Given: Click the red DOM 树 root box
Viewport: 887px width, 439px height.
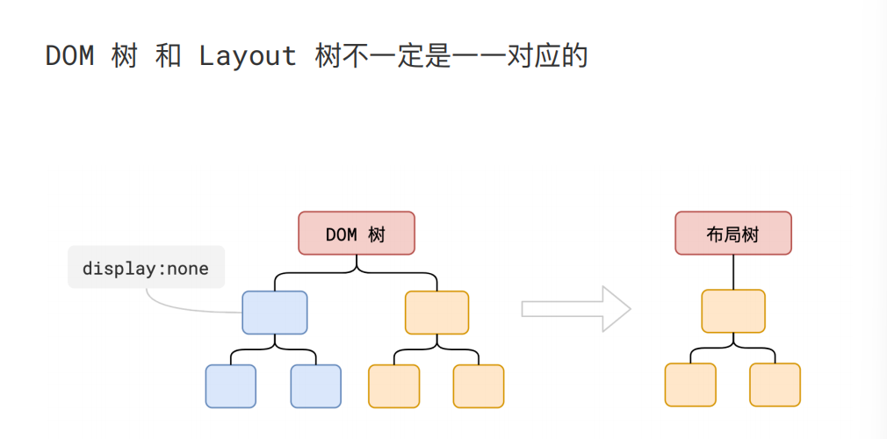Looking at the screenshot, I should pyautogui.click(x=356, y=234).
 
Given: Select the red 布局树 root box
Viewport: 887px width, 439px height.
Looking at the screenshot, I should pyautogui.click(x=733, y=234).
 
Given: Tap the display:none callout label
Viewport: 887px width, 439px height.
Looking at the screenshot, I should pyautogui.click(x=146, y=268).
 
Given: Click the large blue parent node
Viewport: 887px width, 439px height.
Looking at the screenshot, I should pyautogui.click(x=275, y=313).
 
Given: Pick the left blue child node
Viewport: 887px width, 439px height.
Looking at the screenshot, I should pyautogui.click(x=231, y=386).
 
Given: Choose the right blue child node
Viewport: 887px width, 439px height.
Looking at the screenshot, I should pyautogui.click(x=315, y=386).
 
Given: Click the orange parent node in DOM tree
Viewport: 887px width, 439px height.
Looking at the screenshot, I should pyautogui.click(x=436, y=313).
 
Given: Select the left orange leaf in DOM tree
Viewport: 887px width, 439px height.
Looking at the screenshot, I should pyautogui.click(x=393, y=386).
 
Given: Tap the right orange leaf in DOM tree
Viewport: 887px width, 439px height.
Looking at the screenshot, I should pyautogui.click(x=479, y=386).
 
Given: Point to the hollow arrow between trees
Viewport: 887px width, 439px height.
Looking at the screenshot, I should pyautogui.click(x=576, y=309).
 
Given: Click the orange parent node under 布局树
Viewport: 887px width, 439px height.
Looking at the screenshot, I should pyautogui.click(x=733, y=311).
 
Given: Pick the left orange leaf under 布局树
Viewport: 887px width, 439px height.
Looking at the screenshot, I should pyautogui.click(x=690, y=385).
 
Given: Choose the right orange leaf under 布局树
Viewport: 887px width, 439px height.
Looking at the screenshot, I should pyautogui.click(x=775, y=385).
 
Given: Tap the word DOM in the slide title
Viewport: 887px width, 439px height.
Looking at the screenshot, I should pyautogui.click(x=69, y=56).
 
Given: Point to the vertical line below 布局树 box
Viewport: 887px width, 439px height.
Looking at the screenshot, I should pyautogui.click(x=733, y=271).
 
